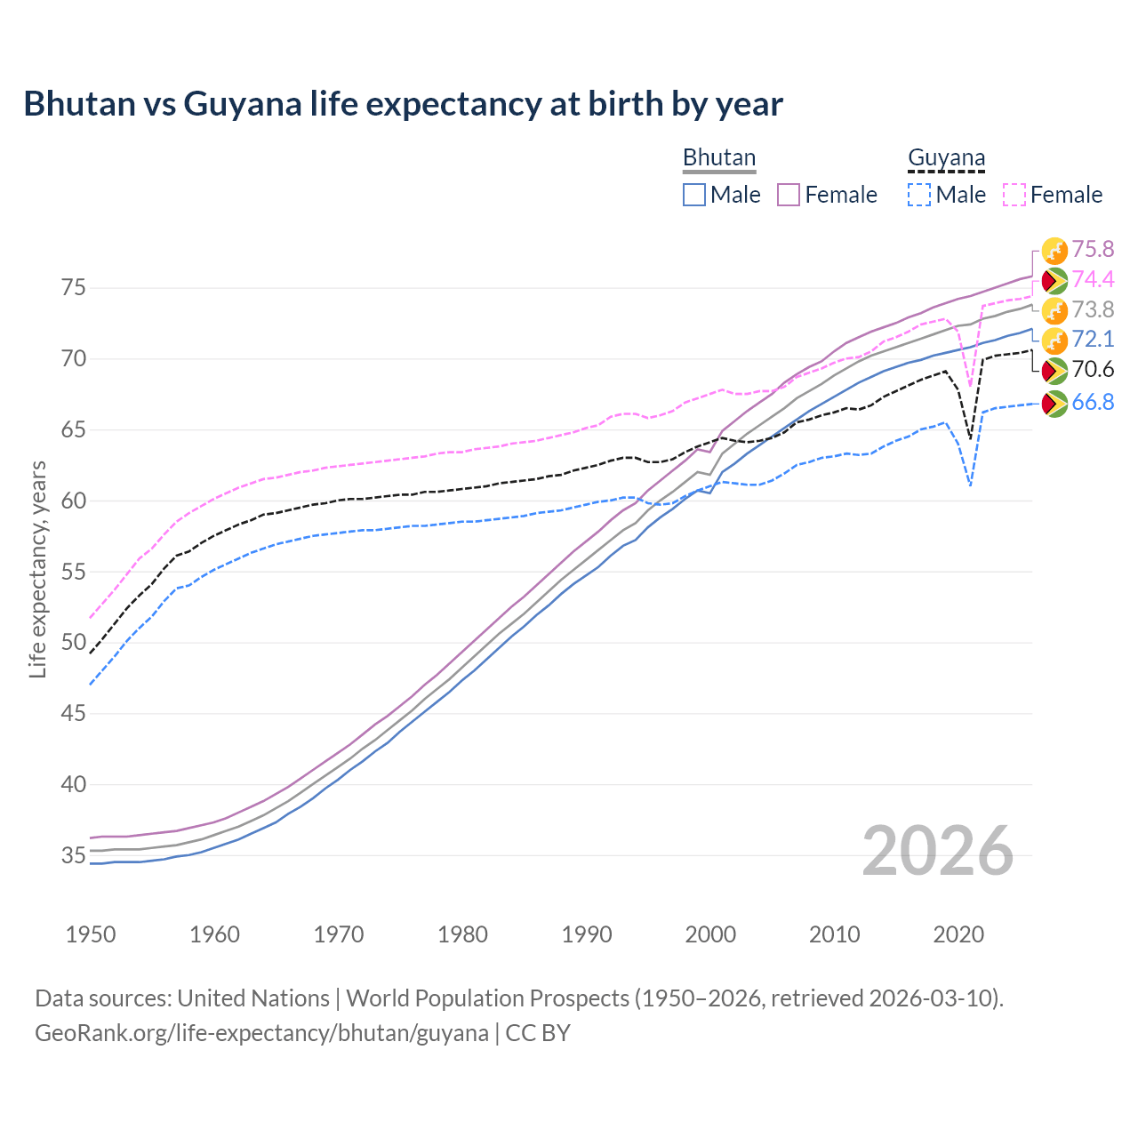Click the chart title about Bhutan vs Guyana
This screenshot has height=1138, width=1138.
point(403,104)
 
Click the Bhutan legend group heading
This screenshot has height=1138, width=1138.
point(718,158)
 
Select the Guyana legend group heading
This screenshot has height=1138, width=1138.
point(946,158)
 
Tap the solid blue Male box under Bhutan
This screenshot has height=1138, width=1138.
point(694,195)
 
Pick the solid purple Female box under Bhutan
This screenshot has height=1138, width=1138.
point(789,195)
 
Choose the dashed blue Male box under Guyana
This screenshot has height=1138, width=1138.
point(919,195)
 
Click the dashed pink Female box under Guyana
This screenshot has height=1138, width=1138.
point(1014,195)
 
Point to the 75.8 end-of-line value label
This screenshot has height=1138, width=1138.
point(1093,250)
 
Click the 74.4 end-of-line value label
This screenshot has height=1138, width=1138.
point(1093,280)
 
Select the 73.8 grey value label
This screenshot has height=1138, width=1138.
point(1093,310)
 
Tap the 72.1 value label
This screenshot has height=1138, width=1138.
point(1093,340)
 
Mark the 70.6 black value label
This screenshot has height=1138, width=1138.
point(1093,370)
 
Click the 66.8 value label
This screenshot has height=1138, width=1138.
point(1093,403)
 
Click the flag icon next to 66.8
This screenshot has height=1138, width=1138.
point(1054,404)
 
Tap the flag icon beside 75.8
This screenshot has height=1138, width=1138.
point(1054,251)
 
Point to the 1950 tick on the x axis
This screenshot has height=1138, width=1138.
point(91,934)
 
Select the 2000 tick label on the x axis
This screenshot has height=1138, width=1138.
point(710,934)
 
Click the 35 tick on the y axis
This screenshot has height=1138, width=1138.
point(73,856)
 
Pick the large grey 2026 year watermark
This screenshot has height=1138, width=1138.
point(937,851)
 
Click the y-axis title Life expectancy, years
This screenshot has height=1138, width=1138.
point(37,569)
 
